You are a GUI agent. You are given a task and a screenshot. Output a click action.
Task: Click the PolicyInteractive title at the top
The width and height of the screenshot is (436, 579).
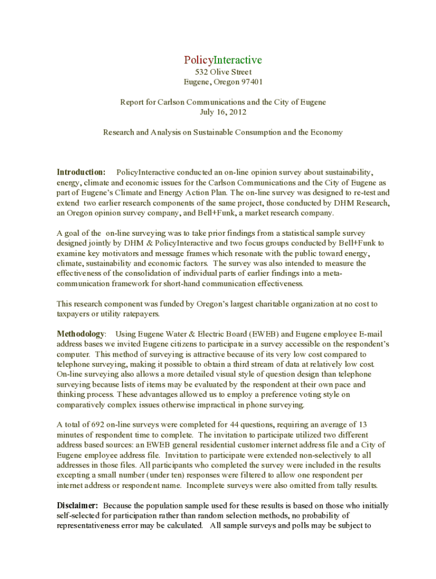[223, 60]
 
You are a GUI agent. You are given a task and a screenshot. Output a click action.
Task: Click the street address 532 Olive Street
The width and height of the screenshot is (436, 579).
[223, 72]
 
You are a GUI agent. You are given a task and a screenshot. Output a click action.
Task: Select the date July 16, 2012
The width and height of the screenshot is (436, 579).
[223, 112]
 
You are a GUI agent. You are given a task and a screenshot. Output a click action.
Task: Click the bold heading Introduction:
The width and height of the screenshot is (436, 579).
[81, 172]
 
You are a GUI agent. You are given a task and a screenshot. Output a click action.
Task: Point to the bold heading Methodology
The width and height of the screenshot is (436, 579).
[80, 334]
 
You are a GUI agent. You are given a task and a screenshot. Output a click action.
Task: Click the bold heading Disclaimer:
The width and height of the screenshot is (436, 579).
[78, 505]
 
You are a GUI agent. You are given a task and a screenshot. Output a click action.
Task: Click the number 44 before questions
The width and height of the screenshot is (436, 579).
[236, 425]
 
